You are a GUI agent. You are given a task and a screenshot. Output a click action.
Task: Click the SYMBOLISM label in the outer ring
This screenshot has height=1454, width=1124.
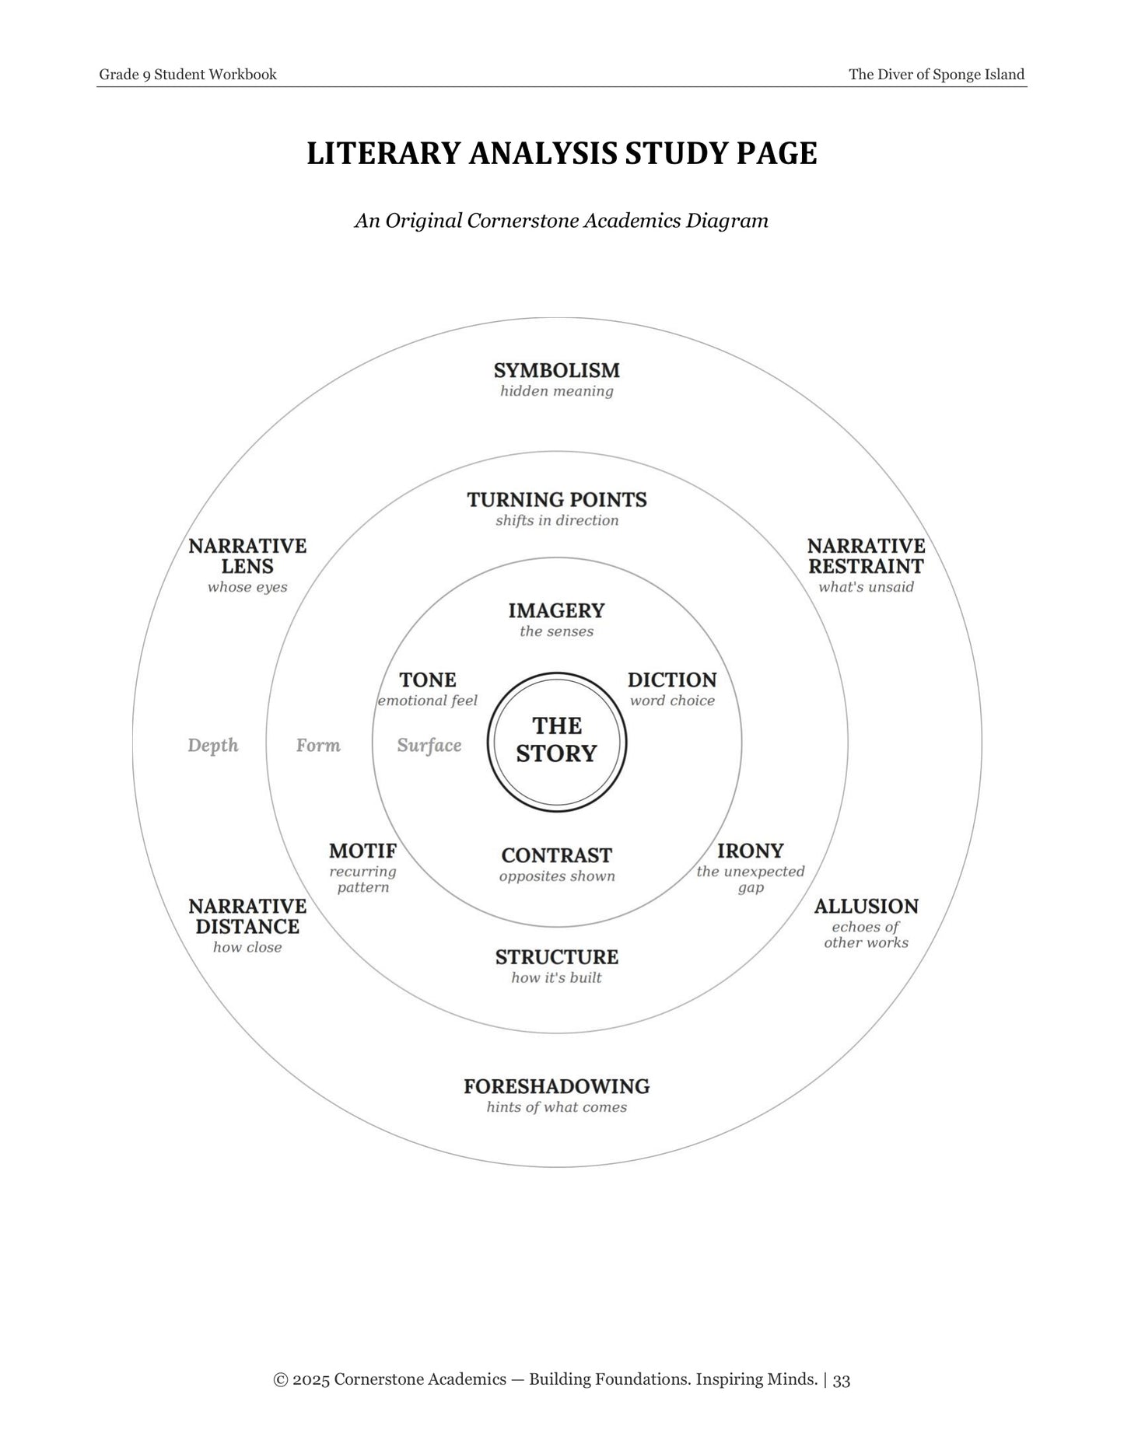tap(557, 370)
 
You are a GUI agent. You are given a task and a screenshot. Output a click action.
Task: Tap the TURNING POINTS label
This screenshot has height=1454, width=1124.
tap(557, 499)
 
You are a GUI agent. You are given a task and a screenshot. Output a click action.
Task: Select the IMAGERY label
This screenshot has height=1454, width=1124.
tap(557, 610)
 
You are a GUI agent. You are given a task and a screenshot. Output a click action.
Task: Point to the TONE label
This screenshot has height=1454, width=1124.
tap(428, 680)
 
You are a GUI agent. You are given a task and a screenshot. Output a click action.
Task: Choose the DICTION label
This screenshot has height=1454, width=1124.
tap(672, 680)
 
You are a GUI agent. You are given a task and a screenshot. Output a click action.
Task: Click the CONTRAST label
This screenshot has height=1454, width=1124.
tap(557, 855)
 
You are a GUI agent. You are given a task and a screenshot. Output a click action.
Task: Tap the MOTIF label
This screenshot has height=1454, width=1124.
tap(363, 851)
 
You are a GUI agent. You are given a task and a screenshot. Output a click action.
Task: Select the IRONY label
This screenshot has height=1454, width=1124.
tap(751, 851)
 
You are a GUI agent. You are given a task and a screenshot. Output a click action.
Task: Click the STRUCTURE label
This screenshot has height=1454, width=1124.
tap(557, 957)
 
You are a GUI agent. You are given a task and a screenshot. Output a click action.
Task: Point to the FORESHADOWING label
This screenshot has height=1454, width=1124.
tap(557, 1086)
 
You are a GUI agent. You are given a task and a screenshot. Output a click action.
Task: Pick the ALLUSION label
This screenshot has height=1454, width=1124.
tap(867, 907)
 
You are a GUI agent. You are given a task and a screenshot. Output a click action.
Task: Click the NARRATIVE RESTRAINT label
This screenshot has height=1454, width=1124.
tap(867, 556)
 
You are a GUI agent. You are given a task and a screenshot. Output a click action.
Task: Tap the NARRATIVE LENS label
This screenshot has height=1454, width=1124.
tap(247, 556)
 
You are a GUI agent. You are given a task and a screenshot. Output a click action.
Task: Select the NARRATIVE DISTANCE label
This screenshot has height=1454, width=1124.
tap(247, 916)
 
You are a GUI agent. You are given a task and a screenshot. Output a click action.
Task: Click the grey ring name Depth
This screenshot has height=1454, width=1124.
tap(213, 746)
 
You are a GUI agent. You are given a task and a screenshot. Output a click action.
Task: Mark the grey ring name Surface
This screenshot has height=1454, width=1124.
tap(429, 746)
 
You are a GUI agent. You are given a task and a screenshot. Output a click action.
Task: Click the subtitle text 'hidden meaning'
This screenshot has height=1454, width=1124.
tap(557, 391)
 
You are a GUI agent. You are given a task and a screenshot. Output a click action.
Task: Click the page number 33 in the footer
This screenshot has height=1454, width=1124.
tap(842, 1379)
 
